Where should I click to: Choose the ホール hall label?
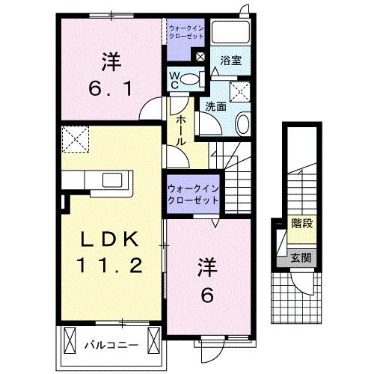[x=182, y=129]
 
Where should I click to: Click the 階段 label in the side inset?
[x=301, y=223]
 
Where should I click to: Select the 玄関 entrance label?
[x=301, y=257]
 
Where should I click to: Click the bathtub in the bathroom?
[x=230, y=32]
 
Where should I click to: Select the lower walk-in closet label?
[x=192, y=194]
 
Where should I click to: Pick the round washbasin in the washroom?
[x=243, y=124]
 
